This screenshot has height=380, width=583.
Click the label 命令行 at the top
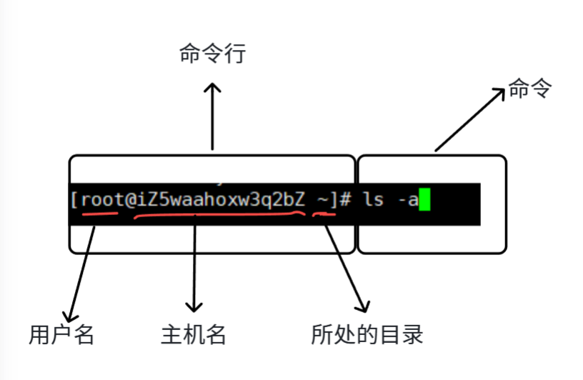pos(212,54)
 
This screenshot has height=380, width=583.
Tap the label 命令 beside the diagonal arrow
pos(531,88)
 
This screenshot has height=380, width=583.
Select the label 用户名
pos(61,334)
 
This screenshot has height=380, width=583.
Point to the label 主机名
pos(194,334)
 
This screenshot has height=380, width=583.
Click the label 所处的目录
pos(367,334)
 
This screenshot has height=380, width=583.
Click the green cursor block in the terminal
pos(424,199)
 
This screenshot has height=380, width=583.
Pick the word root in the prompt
pos(102,200)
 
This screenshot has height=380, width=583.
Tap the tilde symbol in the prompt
pos(324,199)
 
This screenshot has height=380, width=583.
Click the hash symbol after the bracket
pos(346,200)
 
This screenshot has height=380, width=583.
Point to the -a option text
pos(407,200)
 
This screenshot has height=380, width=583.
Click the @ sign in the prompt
pos(132,200)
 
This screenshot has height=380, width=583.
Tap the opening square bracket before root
pos(74,200)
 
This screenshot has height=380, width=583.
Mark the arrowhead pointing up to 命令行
pos(212,88)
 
